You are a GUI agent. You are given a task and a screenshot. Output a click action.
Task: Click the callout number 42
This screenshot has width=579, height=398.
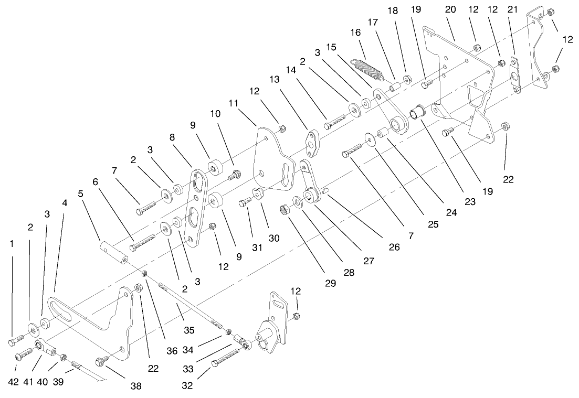point(14,382)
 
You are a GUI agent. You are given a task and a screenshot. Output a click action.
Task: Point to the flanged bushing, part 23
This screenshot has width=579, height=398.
point(417,112)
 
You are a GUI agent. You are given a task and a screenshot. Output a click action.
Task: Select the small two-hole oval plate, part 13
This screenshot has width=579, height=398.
point(314,144)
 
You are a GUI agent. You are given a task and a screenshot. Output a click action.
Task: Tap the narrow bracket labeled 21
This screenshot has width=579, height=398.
point(516,76)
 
